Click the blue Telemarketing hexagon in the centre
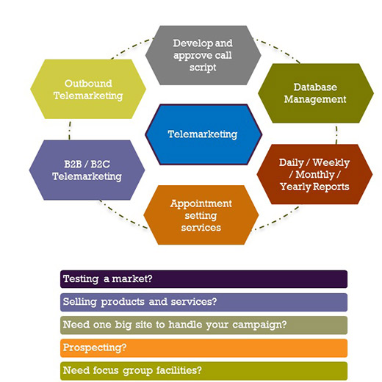[203, 134]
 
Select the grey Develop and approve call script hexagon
[203, 55]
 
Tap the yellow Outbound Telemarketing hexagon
[88, 89]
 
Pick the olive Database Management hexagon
[316, 93]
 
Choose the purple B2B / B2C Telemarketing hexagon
[87, 170]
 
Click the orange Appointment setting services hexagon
[201, 215]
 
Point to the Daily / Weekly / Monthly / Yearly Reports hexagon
[314, 174]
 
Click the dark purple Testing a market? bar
[203, 279]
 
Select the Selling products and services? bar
[203, 302]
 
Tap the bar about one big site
[203, 325]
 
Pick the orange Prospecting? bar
[203, 348]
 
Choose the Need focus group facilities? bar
[203, 371]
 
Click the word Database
[315, 87]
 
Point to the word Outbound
[88, 84]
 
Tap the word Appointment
[201, 204]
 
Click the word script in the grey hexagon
[203, 68]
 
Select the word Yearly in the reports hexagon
[295, 187]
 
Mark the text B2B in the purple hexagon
[73, 164]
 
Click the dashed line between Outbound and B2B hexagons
[70, 130]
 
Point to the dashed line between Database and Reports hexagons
[336, 134]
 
